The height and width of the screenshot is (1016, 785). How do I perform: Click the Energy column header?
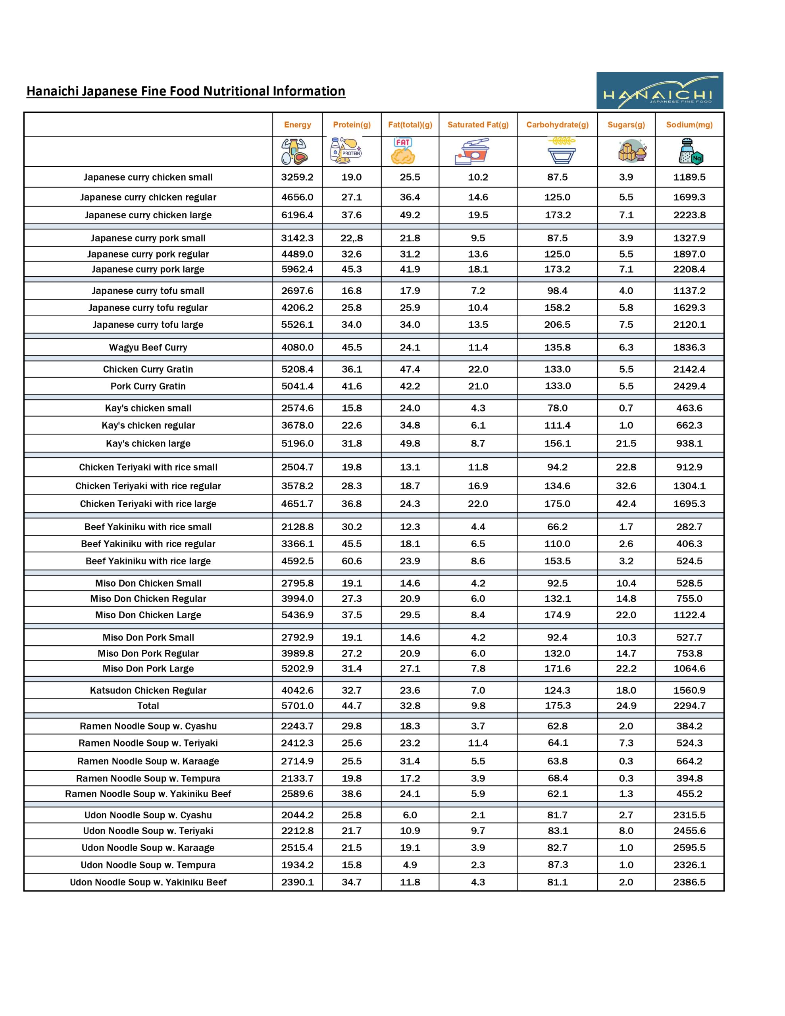click(x=297, y=125)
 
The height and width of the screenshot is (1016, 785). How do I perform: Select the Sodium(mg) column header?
click(x=689, y=125)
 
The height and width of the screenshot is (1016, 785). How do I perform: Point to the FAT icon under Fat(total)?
click(x=403, y=151)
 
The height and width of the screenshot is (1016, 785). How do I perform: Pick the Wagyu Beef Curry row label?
click(x=148, y=348)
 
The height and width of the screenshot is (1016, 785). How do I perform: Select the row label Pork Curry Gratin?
click(x=148, y=386)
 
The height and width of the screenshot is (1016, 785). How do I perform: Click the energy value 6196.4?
click(x=297, y=215)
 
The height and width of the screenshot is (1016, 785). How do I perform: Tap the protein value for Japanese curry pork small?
click(x=351, y=238)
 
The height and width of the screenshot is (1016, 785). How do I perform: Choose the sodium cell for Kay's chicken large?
click(x=689, y=443)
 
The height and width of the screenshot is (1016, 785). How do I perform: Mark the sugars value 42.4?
click(x=626, y=504)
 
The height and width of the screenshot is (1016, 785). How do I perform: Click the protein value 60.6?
click(x=351, y=561)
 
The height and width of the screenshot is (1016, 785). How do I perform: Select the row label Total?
click(x=148, y=706)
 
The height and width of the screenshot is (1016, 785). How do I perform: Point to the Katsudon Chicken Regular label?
click(x=148, y=690)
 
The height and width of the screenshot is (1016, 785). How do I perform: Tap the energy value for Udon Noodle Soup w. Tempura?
click(x=297, y=865)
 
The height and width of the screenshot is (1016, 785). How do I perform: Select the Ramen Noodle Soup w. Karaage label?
click(x=148, y=761)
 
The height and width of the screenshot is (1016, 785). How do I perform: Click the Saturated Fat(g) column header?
click(x=478, y=125)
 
